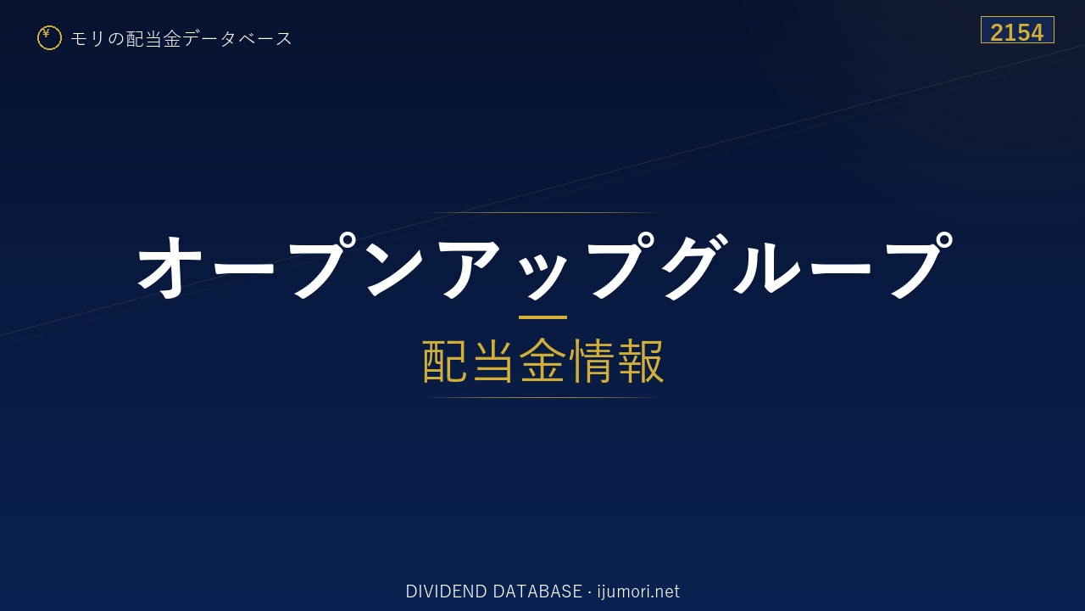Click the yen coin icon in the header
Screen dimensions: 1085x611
click(x=49, y=38)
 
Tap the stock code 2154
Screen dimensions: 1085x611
click(x=1016, y=33)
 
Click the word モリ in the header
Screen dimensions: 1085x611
click(x=87, y=38)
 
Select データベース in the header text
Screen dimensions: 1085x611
click(x=238, y=38)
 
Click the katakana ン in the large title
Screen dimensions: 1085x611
click(x=395, y=266)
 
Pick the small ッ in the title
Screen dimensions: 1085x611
click(x=543, y=277)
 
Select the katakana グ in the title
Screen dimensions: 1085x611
click(x=695, y=266)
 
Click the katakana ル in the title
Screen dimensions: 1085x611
click(x=767, y=266)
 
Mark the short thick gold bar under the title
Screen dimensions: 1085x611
click(x=542, y=317)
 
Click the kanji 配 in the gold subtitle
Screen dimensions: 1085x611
click(x=445, y=361)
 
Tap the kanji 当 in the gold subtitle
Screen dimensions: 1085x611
click(x=493, y=361)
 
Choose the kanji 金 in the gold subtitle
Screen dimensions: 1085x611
click(x=542, y=361)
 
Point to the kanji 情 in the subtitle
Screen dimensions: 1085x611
click(x=591, y=361)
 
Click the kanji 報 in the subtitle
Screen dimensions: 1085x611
click(x=640, y=361)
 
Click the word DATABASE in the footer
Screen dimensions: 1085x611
click(x=537, y=591)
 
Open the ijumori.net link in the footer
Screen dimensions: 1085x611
click(x=638, y=591)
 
